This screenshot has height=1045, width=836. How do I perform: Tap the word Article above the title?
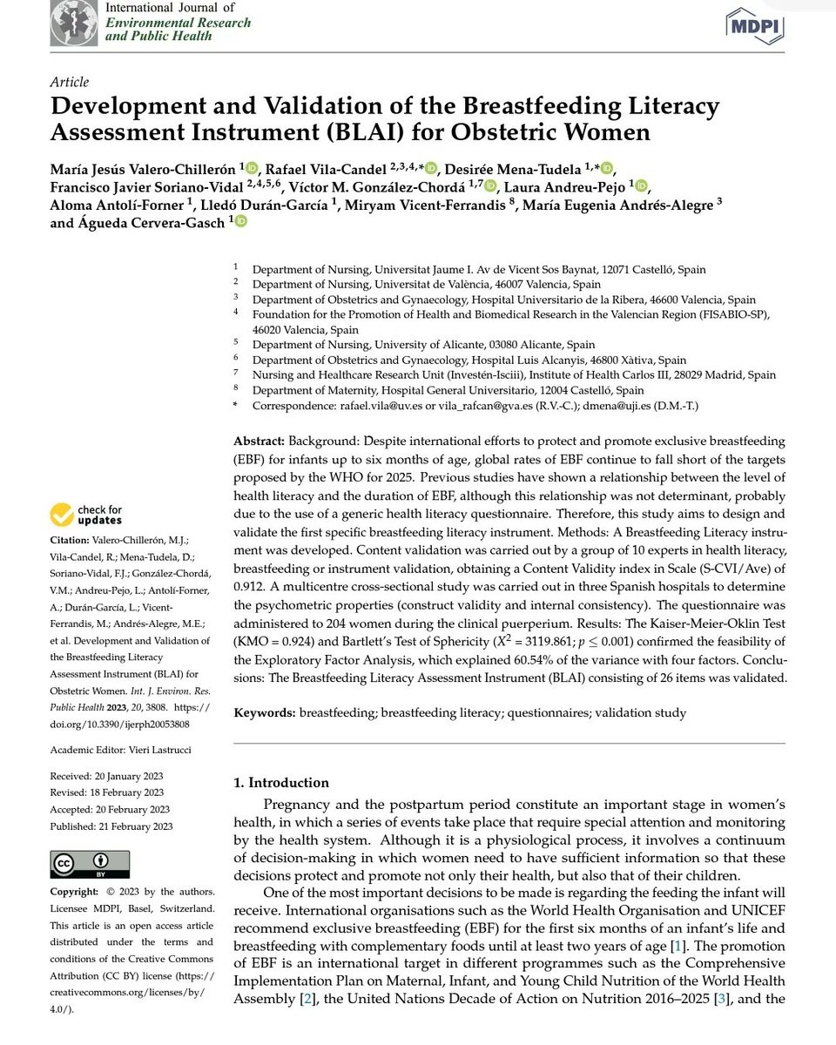coord(69,82)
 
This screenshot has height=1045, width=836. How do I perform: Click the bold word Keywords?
coord(265,712)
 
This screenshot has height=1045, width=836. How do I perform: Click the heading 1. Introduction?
coord(281,782)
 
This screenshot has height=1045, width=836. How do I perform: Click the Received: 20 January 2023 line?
coord(107,775)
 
